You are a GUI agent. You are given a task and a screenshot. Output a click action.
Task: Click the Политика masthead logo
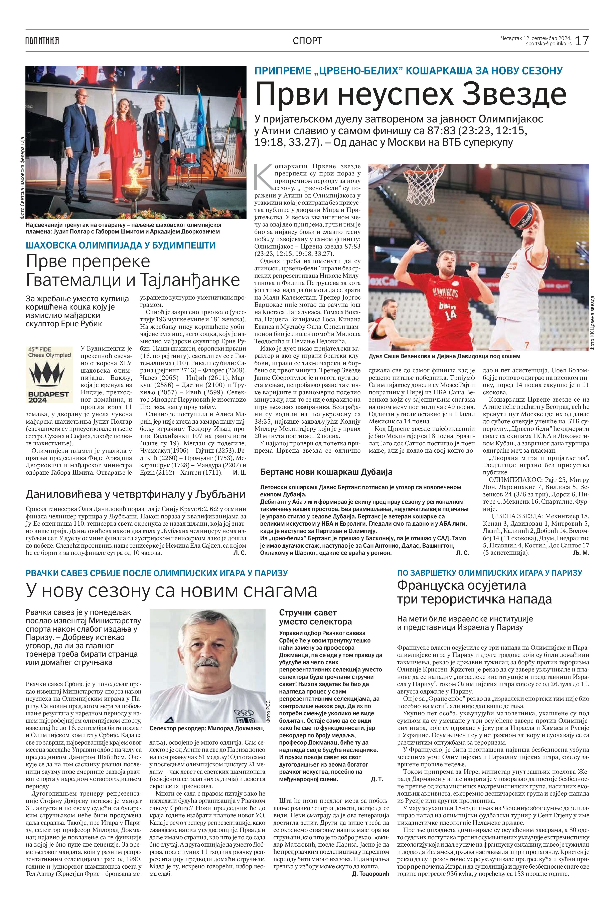42,41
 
